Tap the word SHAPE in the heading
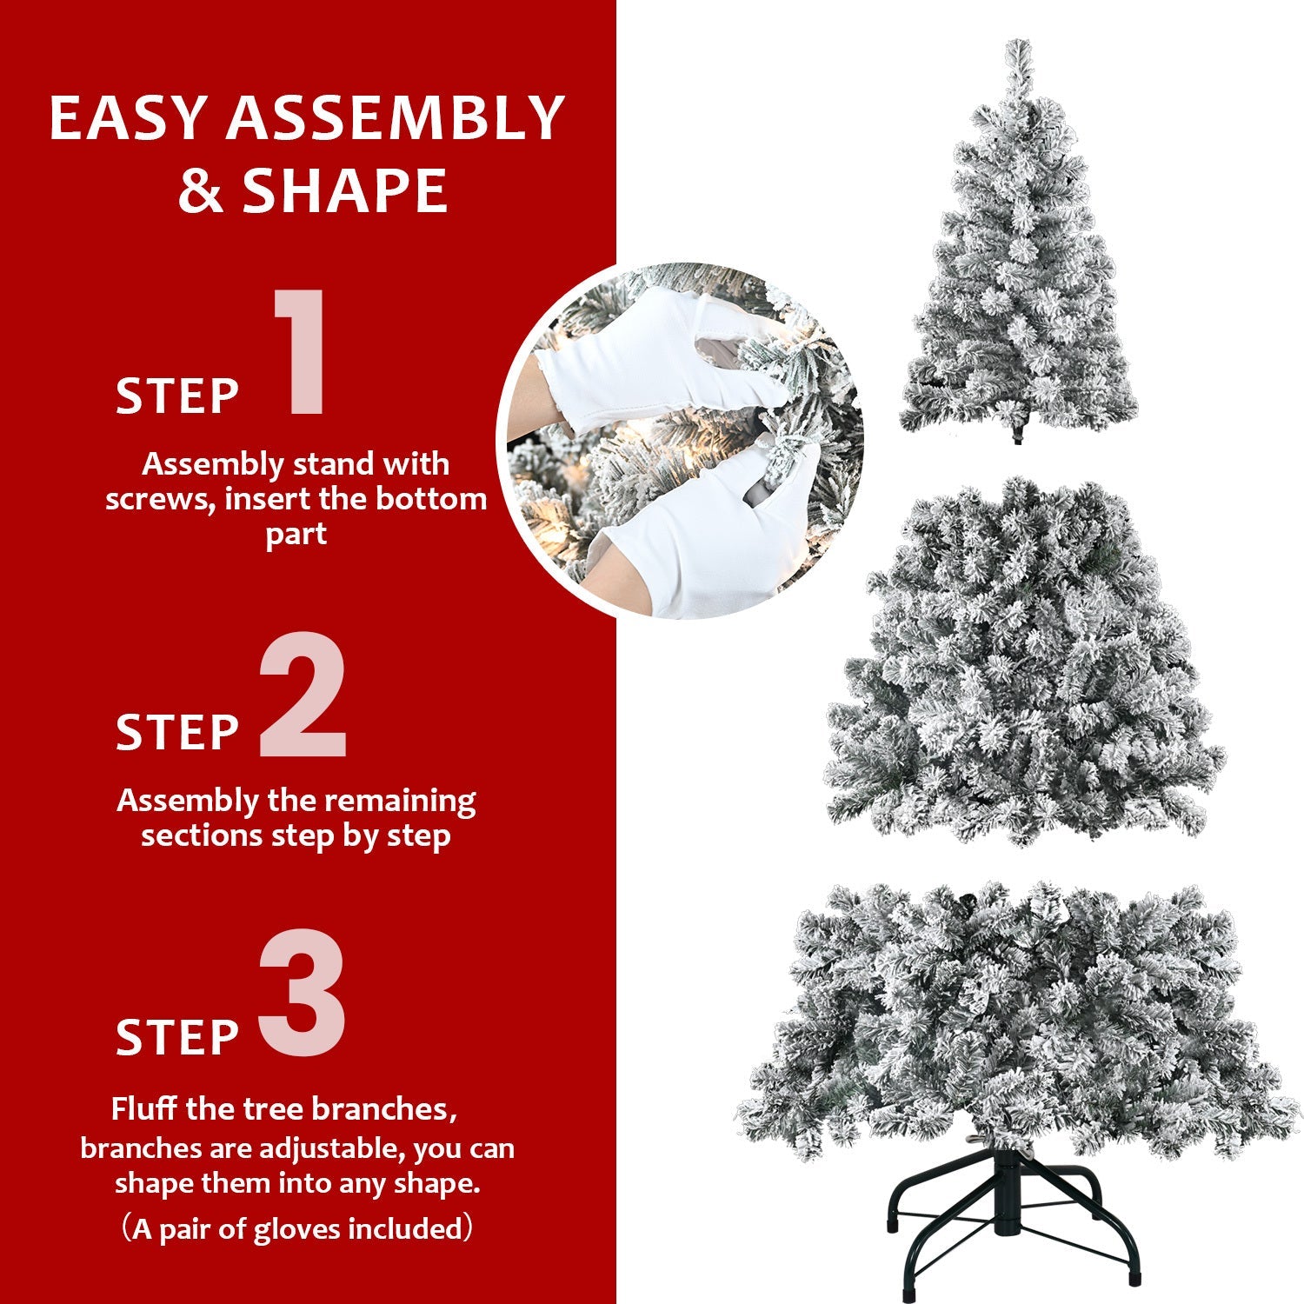[x=345, y=190]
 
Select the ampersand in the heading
[x=201, y=192]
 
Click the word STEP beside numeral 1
[x=177, y=397]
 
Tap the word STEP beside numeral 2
[x=177, y=732]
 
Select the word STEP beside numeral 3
[x=177, y=1037]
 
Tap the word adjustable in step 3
[x=330, y=1148]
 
